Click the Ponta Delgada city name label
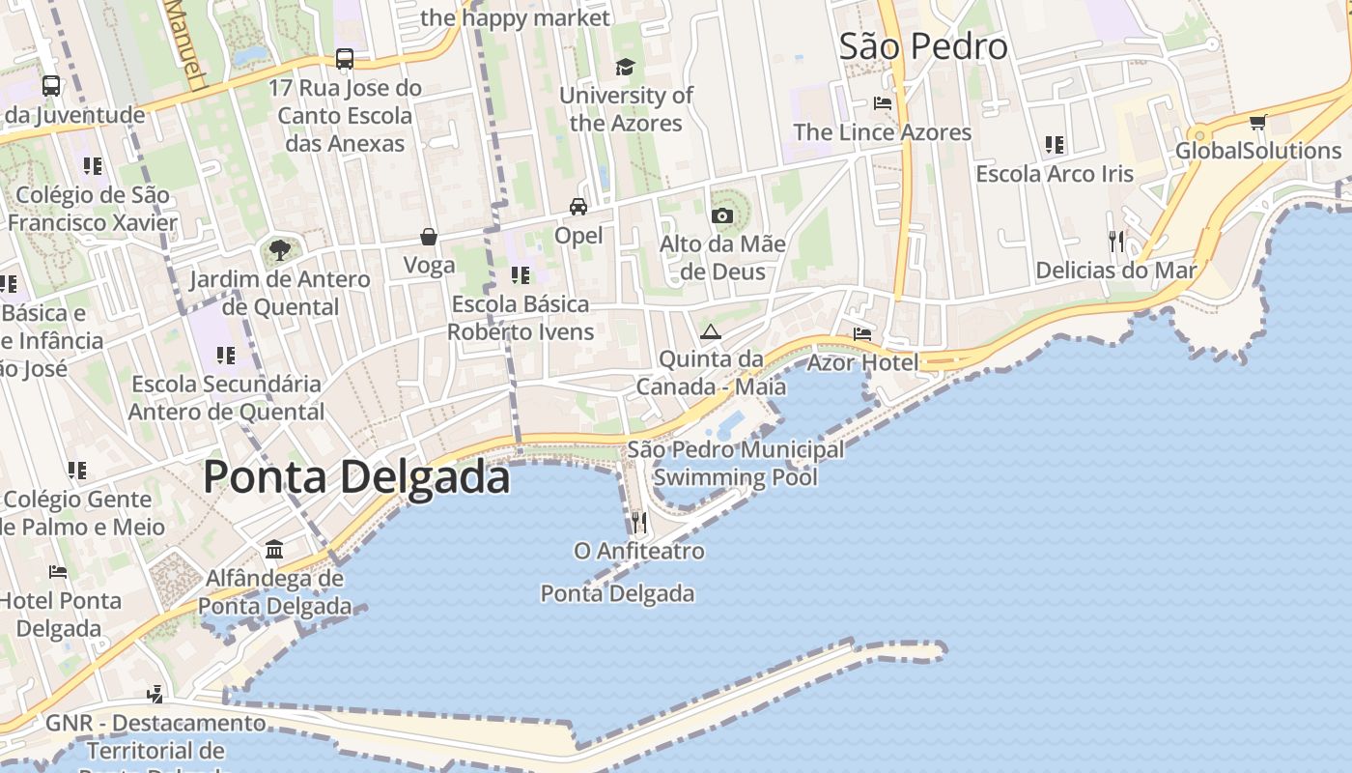pos(356,477)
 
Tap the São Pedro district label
pos(922,46)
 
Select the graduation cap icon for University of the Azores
pos(626,67)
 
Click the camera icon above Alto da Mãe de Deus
pos(721,215)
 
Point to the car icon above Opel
pos(577,207)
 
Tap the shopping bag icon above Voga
pos(429,237)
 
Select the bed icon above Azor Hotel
pos(862,334)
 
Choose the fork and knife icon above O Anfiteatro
pos(638,523)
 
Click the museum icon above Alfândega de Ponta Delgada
pos(274,550)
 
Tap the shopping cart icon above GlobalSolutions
pos(1257,122)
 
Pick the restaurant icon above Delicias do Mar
pos(1115,241)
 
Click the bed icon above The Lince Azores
pos(882,103)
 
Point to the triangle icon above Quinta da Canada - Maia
pos(711,331)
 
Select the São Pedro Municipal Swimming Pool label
pos(736,463)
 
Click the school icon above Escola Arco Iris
pos(1055,145)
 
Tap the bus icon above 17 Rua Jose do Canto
pos(345,59)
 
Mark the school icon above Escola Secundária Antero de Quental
pos(226,355)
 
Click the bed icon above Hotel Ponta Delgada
pos(58,572)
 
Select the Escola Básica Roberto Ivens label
pos(521,318)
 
